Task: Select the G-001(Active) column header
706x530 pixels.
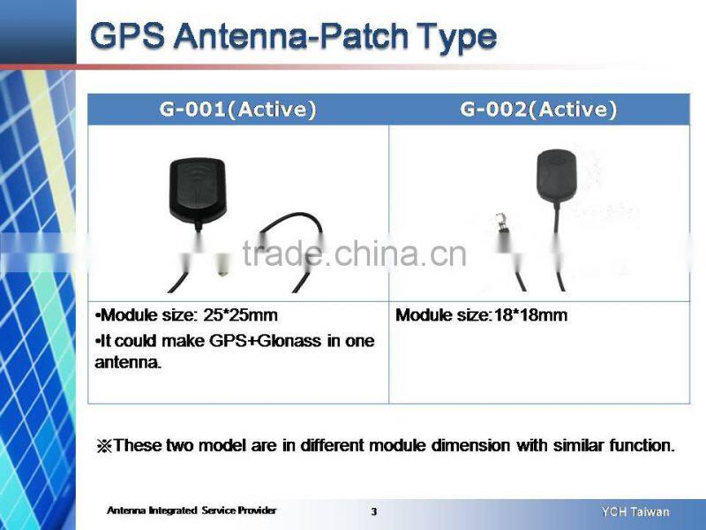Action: coord(237,110)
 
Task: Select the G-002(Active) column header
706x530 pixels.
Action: coord(538,110)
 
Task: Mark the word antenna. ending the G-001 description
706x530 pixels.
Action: coord(128,363)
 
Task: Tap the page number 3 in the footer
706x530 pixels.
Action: coord(373,511)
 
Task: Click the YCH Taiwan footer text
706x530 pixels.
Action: coord(635,511)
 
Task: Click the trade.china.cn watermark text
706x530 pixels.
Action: coord(353,254)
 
